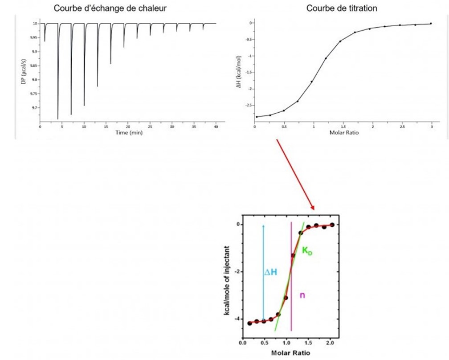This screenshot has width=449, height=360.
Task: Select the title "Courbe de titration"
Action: [341, 8]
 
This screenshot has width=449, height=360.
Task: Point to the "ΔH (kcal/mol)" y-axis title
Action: [239, 71]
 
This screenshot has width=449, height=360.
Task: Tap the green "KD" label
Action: [307, 251]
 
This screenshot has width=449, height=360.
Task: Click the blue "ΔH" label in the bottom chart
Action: [271, 272]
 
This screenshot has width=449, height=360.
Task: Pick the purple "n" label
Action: [302, 295]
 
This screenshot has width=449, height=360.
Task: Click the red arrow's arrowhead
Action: [313, 208]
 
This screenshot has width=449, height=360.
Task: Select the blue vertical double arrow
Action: [263, 272]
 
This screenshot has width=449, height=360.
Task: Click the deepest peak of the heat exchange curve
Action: [58, 119]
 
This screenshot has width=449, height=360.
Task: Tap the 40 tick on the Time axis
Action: [216, 127]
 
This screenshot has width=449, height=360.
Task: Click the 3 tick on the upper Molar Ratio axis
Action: [431, 127]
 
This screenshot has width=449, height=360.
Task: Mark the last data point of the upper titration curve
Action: [431, 24]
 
